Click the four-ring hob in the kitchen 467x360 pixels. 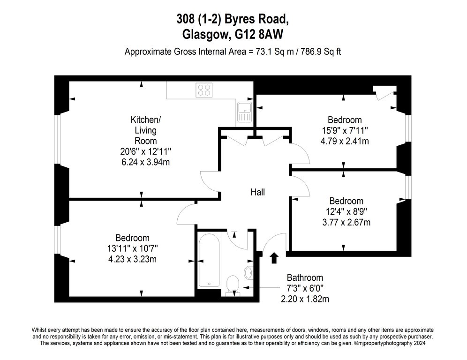[x=204, y=90]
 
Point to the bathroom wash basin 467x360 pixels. [x=249, y=271]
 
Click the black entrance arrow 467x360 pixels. [x=274, y=258]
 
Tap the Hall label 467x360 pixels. [x=257, y=192]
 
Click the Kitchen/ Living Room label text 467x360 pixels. [x=146, y=130]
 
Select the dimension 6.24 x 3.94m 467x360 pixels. [x=146, y=162]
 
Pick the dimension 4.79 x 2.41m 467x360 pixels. [x=345, y=141]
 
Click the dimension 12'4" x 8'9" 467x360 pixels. [x=346, y=212]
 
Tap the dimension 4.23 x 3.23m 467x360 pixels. [x=132, y=259]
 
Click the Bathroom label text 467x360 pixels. [x=305, y=278]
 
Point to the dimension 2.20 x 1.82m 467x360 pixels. [x=305, y=299]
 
